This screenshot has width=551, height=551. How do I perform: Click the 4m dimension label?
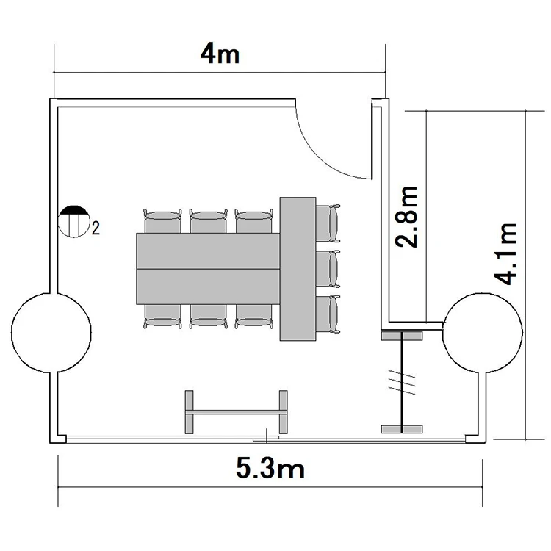tap(220, 55)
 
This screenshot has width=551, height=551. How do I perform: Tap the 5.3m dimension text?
tap(270, 469)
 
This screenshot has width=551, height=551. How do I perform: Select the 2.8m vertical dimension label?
tap(407, 217)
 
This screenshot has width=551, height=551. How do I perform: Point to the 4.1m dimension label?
tap(506, 253)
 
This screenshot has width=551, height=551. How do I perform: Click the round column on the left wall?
tap(51, 332)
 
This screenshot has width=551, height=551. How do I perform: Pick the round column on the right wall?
tap(482, 332)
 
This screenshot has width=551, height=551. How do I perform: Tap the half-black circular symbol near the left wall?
tap(73, 221)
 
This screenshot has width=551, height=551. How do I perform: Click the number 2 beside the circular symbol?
tap(96, 228)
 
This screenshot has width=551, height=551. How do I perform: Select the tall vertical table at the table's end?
tap(298, 269)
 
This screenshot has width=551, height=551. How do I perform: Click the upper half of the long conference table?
tap(208, 251)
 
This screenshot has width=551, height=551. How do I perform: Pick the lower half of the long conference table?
tap(208, 287)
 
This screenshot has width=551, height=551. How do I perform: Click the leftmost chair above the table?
tap(162, 221)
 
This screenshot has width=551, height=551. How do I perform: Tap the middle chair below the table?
tap(208, 316)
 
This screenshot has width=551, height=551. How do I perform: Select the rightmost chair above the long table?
tap(253, 221)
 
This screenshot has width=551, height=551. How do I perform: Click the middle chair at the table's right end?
tap(328, 269)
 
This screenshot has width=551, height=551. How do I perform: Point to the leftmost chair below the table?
tap(162, 316)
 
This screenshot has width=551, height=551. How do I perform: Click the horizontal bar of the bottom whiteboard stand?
tap(237, 411)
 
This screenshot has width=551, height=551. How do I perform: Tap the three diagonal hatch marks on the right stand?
tap(402, 382)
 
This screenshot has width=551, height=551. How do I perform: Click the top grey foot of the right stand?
tap(402, 336)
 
